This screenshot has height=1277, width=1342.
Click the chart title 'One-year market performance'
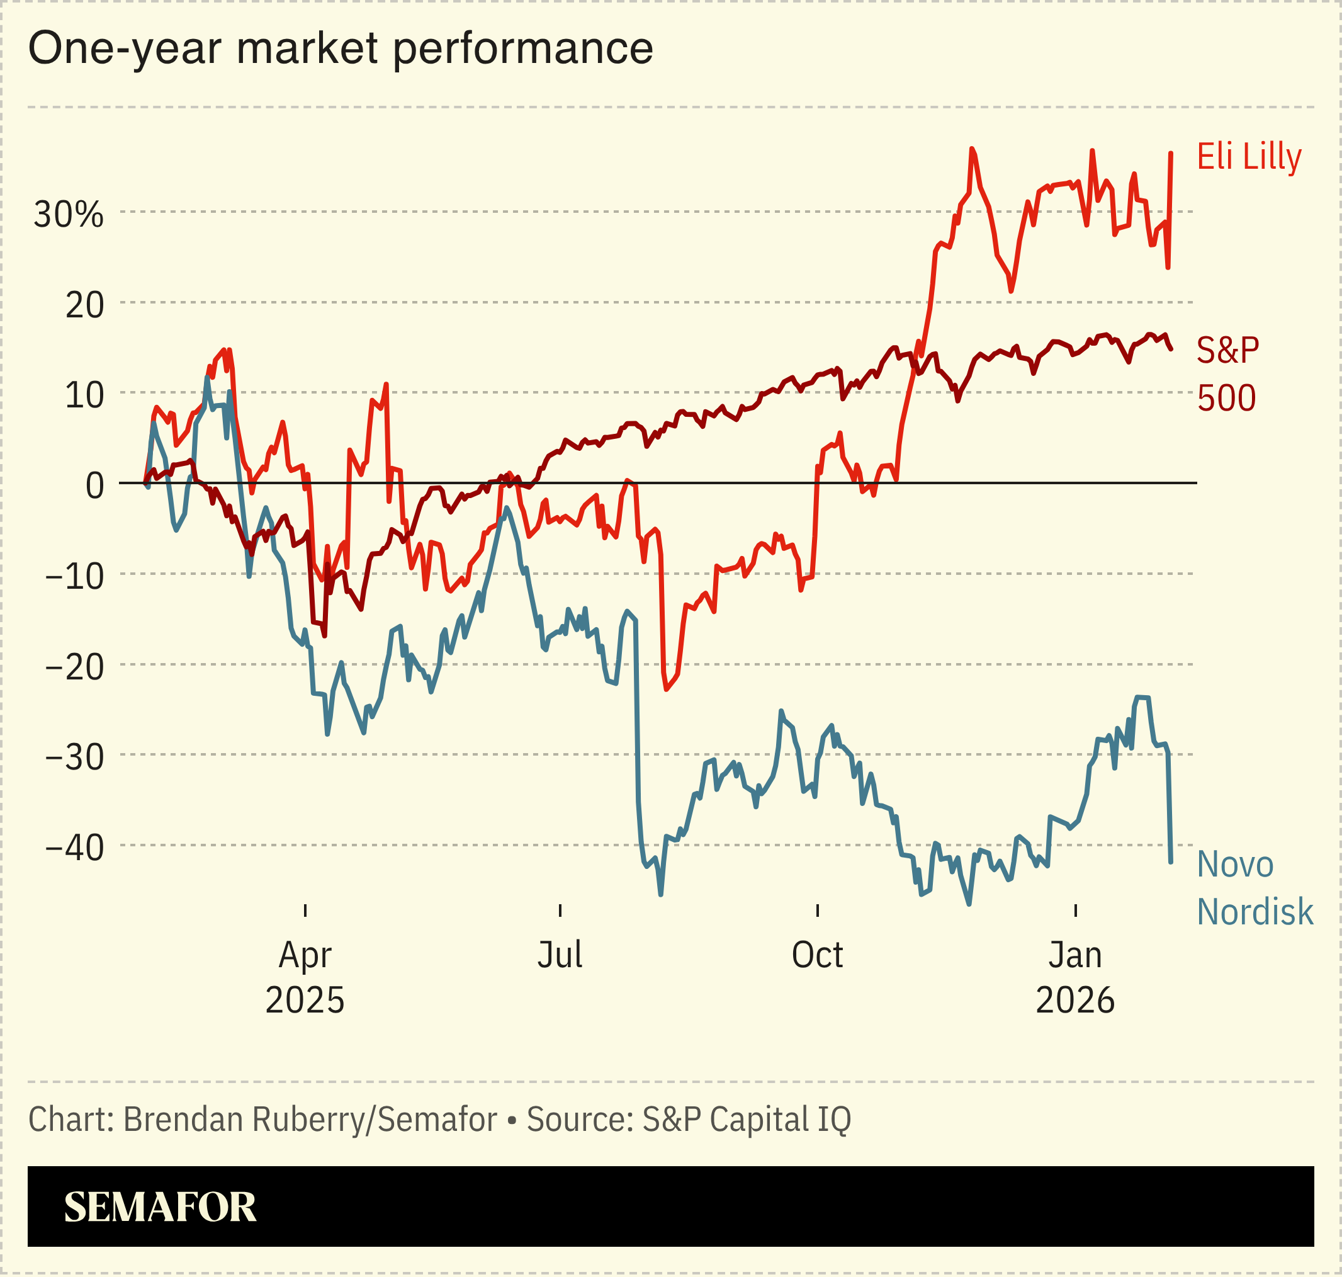coord(341,48)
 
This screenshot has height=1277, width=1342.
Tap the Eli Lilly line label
coord(1249,157)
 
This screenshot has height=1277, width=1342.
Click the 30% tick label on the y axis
coord(69,215)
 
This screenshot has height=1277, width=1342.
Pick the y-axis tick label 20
coord(84,305)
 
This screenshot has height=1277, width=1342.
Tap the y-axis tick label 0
coord(94,486)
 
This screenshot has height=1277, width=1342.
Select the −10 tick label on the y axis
coord(75,577)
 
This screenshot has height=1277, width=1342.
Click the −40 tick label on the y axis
coord(75,848)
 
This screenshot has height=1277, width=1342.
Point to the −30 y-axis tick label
coord(75,758)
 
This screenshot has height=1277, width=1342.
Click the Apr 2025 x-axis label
coord(305,977)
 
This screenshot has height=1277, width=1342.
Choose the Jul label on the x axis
coord(560,955)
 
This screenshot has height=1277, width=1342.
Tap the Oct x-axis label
coord(816,955)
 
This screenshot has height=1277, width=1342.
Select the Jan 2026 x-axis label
coord(1074,977)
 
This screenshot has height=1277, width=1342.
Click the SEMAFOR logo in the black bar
coord(160,1207)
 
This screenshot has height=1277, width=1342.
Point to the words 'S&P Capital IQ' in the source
coord(747,1120)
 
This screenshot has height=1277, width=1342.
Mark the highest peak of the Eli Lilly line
coord(972,149)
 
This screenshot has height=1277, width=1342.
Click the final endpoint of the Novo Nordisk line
coord(1171,863)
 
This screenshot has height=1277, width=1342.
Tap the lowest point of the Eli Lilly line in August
coord(665,690)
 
